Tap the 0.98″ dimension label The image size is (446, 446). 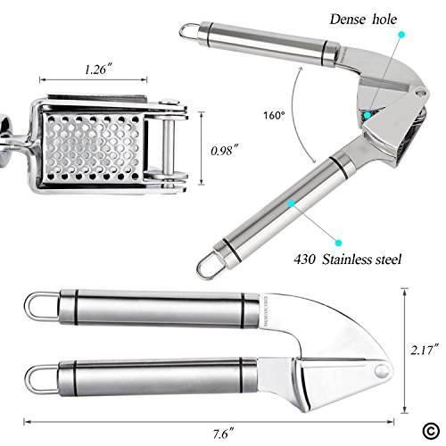[x=225, y=151]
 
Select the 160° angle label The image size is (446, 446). [x=274, y=115]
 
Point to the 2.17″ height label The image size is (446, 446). [x=425, y=350]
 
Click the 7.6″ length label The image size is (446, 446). [x=223, y=434]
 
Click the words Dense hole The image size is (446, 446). [x=363, y=20]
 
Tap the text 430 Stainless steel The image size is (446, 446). [x=348, y=260]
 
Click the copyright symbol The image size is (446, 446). [x=431, y=431]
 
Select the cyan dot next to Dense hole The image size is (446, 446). [x=401, y=35]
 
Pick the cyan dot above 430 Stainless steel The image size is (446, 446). [x=338, y=243]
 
